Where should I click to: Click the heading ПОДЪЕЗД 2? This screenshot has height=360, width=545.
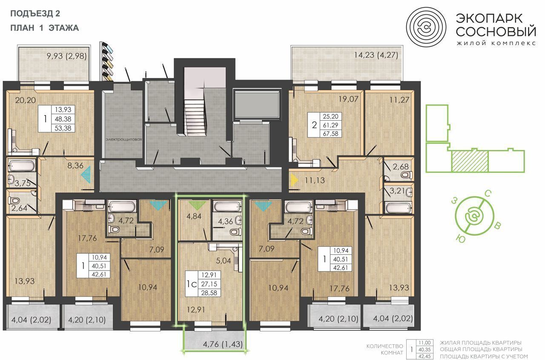[35, 14]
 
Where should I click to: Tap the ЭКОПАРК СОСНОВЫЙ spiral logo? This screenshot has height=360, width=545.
[426, 27]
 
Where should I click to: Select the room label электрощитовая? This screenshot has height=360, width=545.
[124, 140]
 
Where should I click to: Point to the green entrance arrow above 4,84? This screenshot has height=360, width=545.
[197, 205]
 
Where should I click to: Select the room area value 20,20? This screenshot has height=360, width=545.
[25, 100]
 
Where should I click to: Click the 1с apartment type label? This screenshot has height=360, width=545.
[192, 284]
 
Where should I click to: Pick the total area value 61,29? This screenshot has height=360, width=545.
[330, 125]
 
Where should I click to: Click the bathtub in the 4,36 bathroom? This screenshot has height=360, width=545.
[227, 207]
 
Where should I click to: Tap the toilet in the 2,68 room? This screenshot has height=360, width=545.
[407, 175]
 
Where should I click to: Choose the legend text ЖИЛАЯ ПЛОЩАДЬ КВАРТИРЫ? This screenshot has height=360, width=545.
[481, 343]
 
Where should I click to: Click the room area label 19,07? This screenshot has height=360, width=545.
[348, 99]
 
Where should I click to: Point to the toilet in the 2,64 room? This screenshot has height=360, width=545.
[14, 201]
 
